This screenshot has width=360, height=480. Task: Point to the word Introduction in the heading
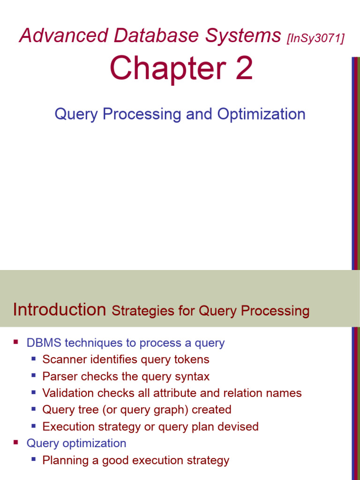(x=60, y=309)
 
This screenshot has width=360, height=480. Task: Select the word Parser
(x=57, y=376)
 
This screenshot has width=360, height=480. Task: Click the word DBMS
(x=44, y=343)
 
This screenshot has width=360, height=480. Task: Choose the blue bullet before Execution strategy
(x=33, y=426)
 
